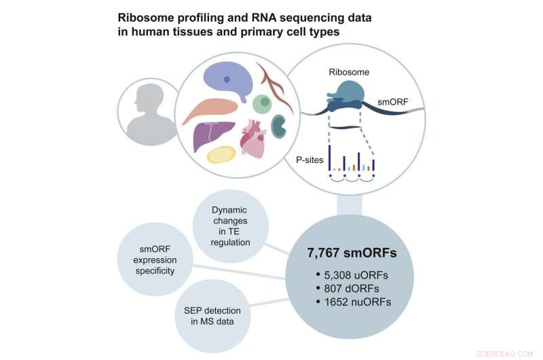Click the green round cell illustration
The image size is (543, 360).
(262, 104)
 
